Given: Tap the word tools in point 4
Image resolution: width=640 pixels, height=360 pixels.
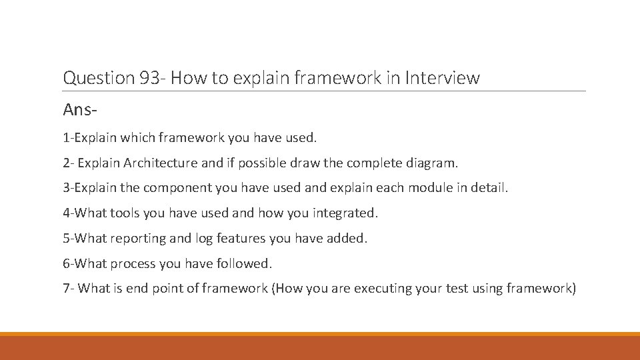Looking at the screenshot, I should pyautogui.click(x=125, y=213).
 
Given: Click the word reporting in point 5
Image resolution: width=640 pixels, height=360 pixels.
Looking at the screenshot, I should pyautogui.click(x=135, y=239).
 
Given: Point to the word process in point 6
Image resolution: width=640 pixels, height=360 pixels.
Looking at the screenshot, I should pyautogui.click(x=132, y=264).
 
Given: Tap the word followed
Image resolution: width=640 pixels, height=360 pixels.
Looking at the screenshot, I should pyautogui.click(x=244, y=264).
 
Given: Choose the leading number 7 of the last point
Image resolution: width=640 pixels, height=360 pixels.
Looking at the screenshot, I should pyautogui.click(x=66, y=289).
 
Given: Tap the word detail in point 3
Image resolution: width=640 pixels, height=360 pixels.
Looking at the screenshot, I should pyautogui.click(x=489, y=188).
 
